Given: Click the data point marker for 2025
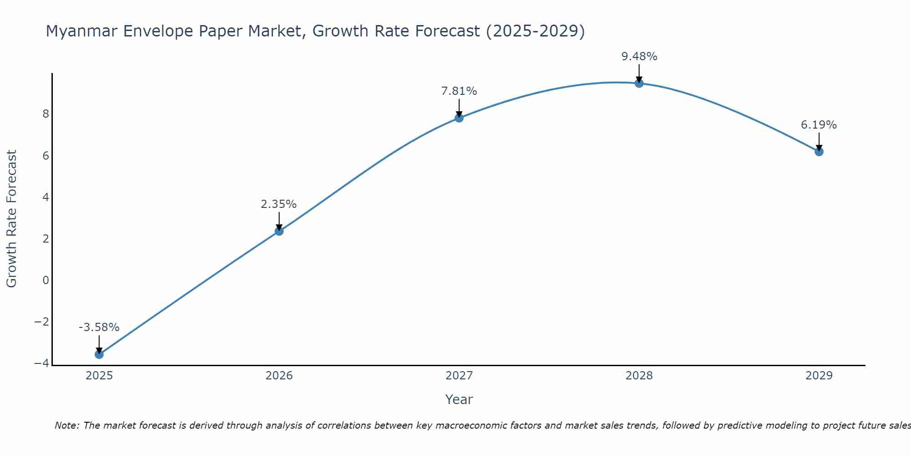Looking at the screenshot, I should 99,354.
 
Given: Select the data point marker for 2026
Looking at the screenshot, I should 279,231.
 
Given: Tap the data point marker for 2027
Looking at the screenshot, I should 459,118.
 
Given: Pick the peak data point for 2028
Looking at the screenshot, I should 639,83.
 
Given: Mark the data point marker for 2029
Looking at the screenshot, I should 819,151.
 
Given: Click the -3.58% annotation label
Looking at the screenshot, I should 99,327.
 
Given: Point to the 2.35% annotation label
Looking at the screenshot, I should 279,204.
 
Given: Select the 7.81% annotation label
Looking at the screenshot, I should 459,91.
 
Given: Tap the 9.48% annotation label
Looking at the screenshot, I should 640,57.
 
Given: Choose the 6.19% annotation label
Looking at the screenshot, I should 819,125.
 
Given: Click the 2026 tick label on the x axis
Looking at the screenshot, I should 279,376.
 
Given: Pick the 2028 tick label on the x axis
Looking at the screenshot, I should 639,376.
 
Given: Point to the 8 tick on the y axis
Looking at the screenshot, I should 46,114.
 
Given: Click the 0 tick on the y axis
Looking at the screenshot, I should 46,280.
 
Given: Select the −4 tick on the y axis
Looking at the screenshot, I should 42,363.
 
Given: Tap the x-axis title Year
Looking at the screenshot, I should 459,399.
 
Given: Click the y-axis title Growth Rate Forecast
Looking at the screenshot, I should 11,219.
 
